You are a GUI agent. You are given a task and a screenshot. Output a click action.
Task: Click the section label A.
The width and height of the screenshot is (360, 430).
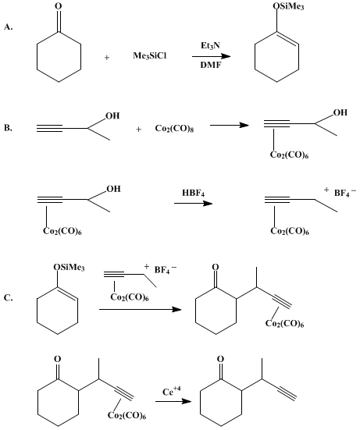click(x=9, y=27)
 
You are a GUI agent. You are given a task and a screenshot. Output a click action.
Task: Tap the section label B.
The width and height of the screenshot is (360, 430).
click(x=9, y=128)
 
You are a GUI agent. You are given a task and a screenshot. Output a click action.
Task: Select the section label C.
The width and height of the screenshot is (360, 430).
click(x=9, y=298)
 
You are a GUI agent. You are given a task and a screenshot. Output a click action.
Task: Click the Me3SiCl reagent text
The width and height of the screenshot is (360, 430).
click(x=149, y=56)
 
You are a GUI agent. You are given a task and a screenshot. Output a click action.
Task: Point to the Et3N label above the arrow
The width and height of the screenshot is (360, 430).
click(x=210, y=45)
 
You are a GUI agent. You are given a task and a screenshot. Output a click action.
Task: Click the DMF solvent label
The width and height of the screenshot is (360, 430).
click(x=211, y=65)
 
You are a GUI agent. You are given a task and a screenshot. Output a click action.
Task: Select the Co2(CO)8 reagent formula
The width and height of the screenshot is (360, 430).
click(x=174, y=129)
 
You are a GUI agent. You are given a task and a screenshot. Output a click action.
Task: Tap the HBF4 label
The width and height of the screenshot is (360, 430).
click(x=194, y=193)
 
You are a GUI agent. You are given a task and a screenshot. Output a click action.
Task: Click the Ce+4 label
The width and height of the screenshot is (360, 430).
click(x=172, y=391)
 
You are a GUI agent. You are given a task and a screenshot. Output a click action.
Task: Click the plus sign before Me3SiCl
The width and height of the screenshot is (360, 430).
click(x=107, y=58)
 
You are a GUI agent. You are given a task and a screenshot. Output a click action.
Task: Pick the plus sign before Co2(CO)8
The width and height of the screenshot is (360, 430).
click(x=139, y=130)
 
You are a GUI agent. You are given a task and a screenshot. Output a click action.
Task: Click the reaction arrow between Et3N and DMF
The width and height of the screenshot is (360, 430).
click(x=211, y=56)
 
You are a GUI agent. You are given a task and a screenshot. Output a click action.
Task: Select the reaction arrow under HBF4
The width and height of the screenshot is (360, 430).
click(x=193, y=203)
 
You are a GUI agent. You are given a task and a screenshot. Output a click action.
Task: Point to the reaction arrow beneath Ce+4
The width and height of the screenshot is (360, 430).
click(x=173, y=401)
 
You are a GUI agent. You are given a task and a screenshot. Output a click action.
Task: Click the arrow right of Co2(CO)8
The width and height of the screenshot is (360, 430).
click(x=230, y=126)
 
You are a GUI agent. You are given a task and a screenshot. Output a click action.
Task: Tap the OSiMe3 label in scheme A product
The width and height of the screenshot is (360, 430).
click(x=289, y=7)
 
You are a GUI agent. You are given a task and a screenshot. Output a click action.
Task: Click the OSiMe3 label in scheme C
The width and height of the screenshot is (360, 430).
click(x=70, y=268)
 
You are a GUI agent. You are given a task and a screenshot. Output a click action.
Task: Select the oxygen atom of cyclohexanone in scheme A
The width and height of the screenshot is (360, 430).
click(x=59, y=6)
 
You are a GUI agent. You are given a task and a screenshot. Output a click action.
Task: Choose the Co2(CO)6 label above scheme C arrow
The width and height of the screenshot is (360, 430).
click(x=130, y=297)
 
